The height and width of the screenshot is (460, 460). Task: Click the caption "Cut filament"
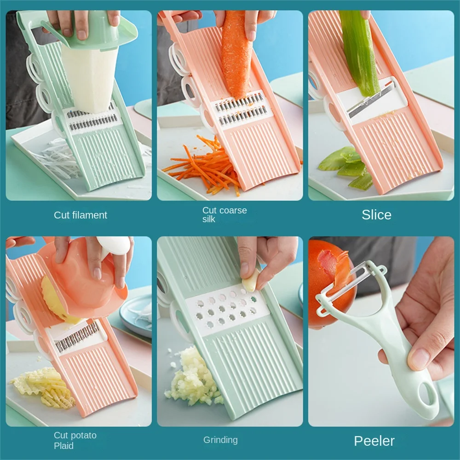[80, 215]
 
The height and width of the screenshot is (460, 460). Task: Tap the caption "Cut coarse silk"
[224, 215]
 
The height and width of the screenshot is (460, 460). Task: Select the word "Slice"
[376, 215]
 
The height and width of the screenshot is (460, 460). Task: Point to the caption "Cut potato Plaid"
[75, 440]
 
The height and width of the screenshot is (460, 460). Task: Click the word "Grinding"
[220, 440]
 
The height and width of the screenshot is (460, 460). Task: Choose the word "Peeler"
[374, 441]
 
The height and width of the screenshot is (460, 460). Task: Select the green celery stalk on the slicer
[358, 51]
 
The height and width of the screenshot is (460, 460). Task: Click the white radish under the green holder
[90, 78]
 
